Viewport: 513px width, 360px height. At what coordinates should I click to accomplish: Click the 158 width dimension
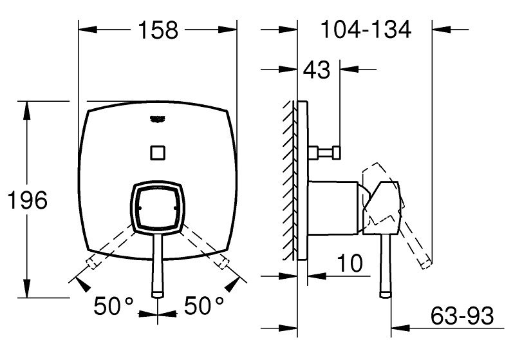point(158,30)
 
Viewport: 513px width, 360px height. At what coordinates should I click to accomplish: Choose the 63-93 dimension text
point(462,316)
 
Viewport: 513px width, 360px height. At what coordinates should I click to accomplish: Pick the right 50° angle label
point(204,305)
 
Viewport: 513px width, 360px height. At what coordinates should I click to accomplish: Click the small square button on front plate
point(158,152)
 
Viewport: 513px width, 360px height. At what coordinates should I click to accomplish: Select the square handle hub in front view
point(158,207)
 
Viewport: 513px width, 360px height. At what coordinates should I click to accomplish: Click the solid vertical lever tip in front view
point(158,293)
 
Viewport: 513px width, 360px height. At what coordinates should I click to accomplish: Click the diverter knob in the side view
point(329,152)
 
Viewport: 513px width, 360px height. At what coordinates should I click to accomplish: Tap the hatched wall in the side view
point(290,180)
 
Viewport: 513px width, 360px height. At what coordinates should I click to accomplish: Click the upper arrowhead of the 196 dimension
point(28,109)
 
